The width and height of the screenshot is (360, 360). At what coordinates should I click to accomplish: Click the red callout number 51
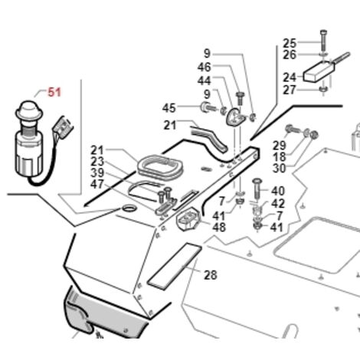(54, 92)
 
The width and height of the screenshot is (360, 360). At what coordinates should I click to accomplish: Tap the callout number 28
(211, 275)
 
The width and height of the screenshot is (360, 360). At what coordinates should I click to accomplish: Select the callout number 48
(219, 227)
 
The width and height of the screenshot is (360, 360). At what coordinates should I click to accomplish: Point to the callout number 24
(290, 77)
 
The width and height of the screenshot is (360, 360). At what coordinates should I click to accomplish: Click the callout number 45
(169, 108)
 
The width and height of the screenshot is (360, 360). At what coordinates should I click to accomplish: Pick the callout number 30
(280, 169)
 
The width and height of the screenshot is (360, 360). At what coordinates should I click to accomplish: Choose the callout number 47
(97, 184)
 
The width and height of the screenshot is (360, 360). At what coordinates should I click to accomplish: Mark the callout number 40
(278, 191)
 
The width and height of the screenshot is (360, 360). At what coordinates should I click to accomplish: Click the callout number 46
(205, 67)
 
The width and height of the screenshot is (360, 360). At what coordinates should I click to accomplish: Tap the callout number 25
(290, 43)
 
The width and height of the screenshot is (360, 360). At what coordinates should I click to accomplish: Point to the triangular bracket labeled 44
(235, 117)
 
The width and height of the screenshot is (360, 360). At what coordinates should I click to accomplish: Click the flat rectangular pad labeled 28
(175, 267)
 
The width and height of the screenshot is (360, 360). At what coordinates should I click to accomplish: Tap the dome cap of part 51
(29, 110)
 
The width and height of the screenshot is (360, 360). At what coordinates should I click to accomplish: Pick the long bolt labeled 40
(257, 189)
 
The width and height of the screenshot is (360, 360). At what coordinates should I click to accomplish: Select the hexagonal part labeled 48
(188, 219)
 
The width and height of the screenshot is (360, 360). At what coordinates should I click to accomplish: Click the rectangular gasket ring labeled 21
(160, 166)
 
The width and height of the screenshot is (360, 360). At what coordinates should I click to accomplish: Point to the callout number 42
(278, 204)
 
